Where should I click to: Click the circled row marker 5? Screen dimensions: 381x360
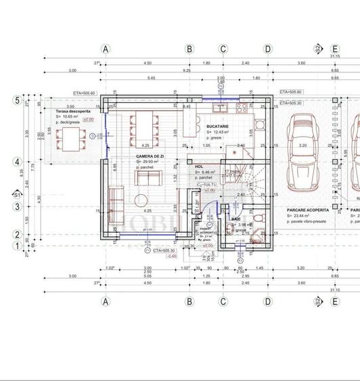[17, 100]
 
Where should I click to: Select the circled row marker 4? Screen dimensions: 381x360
[17, 162]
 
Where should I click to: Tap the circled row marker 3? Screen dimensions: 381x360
[17, 207]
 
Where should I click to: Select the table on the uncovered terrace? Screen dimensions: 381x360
[70, 139]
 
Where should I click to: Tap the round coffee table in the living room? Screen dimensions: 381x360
[142, 199]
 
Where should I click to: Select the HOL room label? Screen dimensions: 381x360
[199, 165]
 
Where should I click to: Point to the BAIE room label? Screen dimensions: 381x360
[236, 219]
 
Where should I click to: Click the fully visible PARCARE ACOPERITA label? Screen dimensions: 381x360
[308, 210]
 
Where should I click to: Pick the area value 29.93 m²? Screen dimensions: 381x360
[148, 162]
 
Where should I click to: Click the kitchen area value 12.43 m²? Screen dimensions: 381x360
[221, 132]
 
